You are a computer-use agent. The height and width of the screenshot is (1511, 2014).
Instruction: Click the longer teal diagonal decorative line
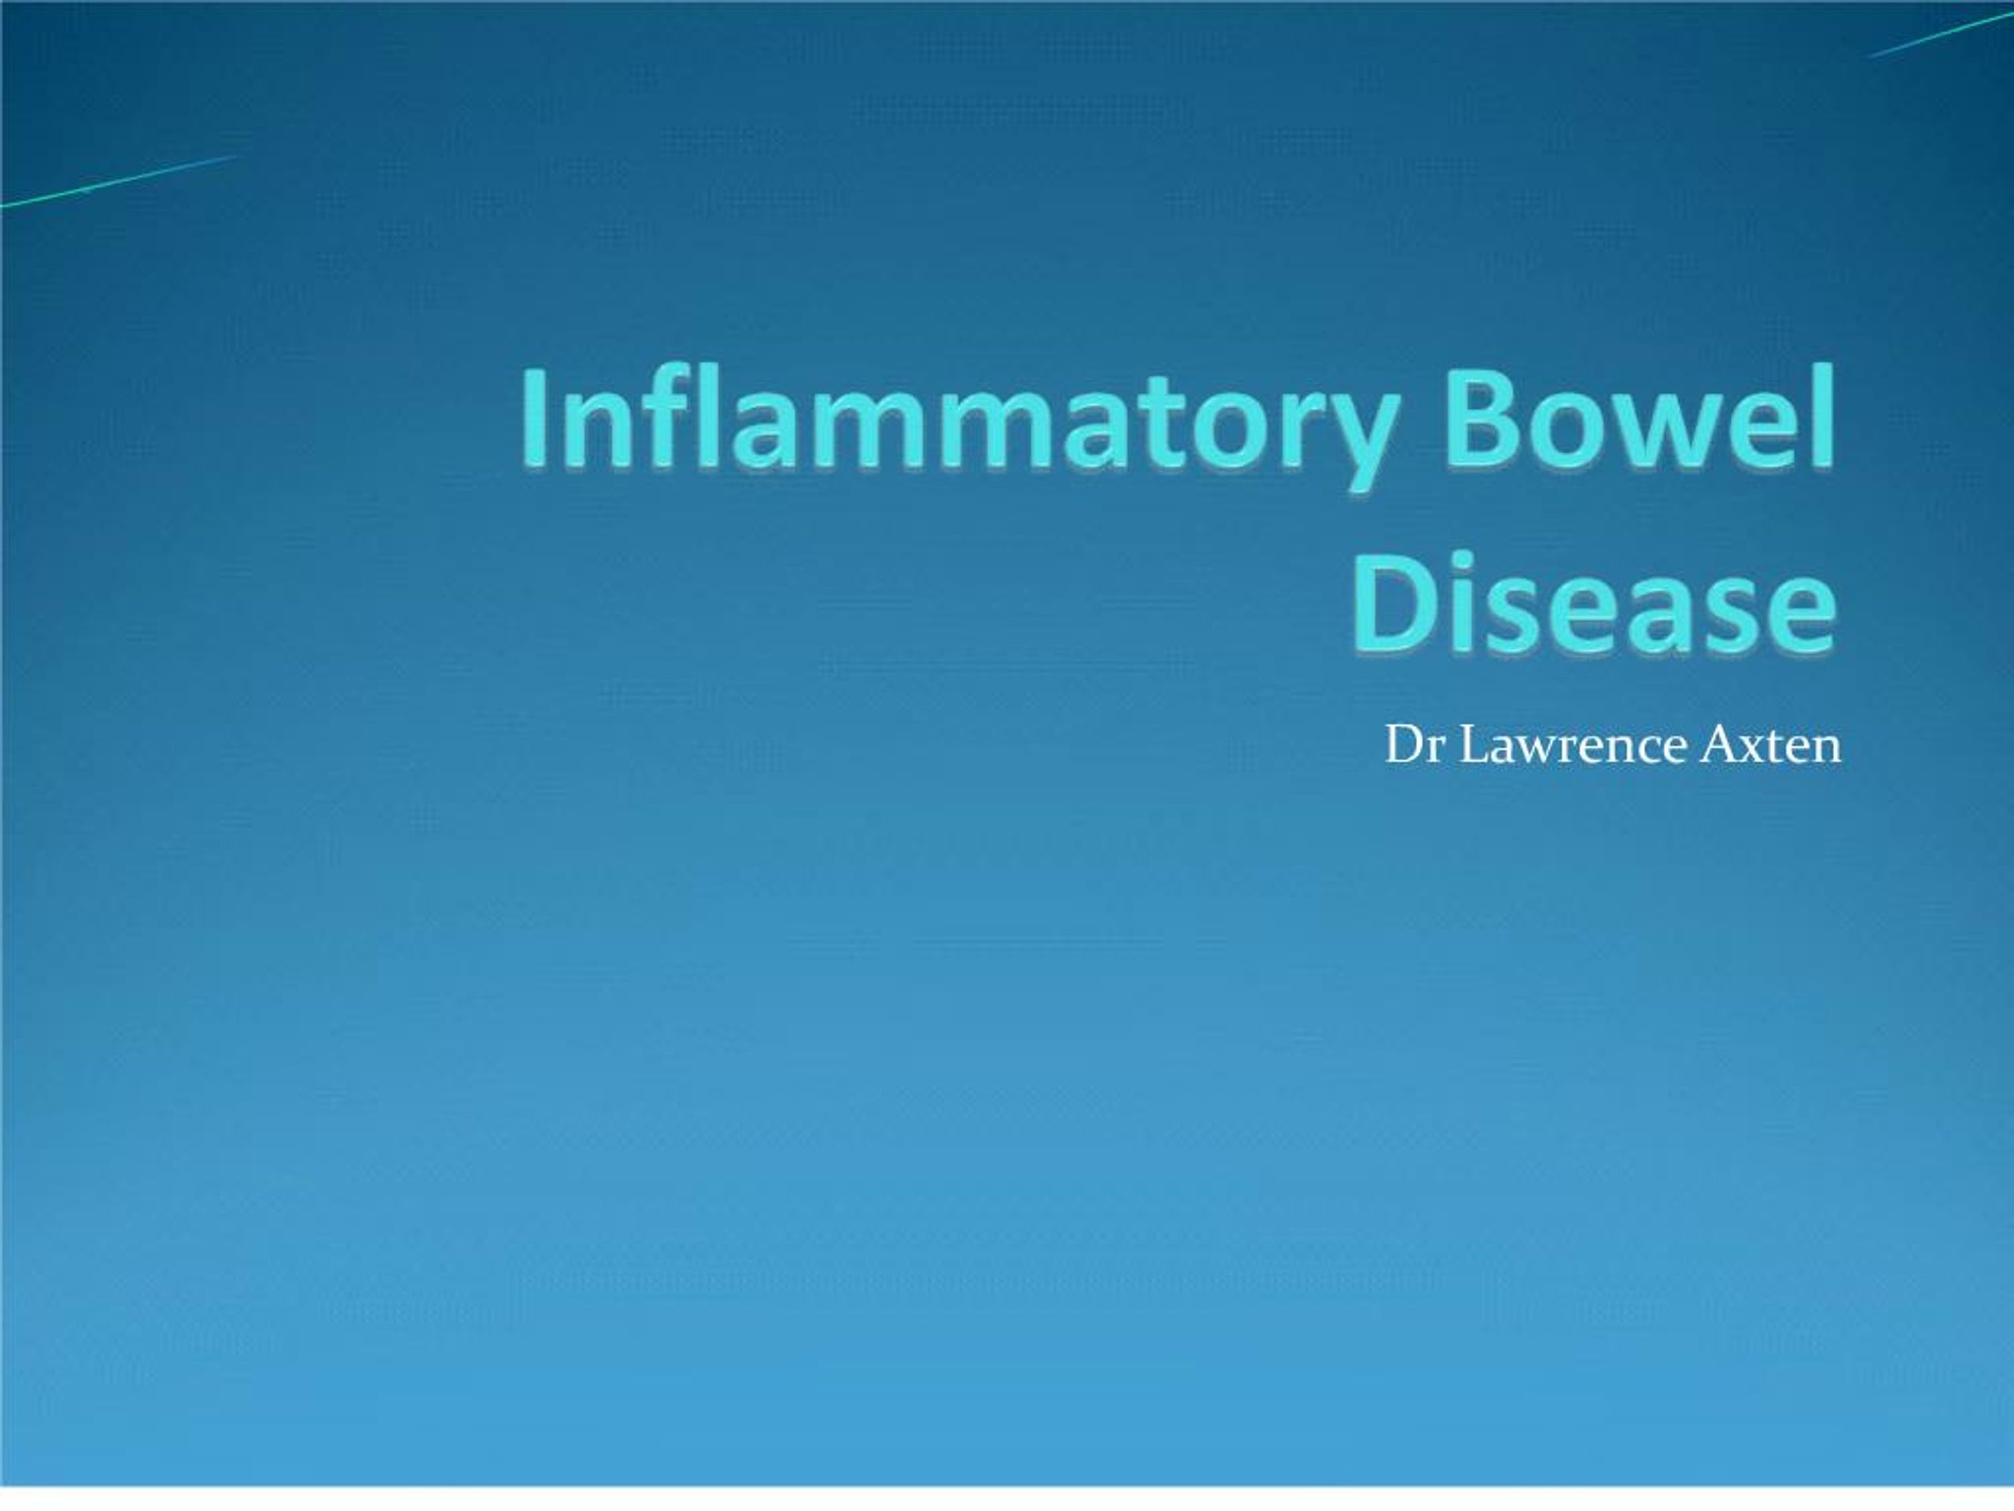pos(118,180)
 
